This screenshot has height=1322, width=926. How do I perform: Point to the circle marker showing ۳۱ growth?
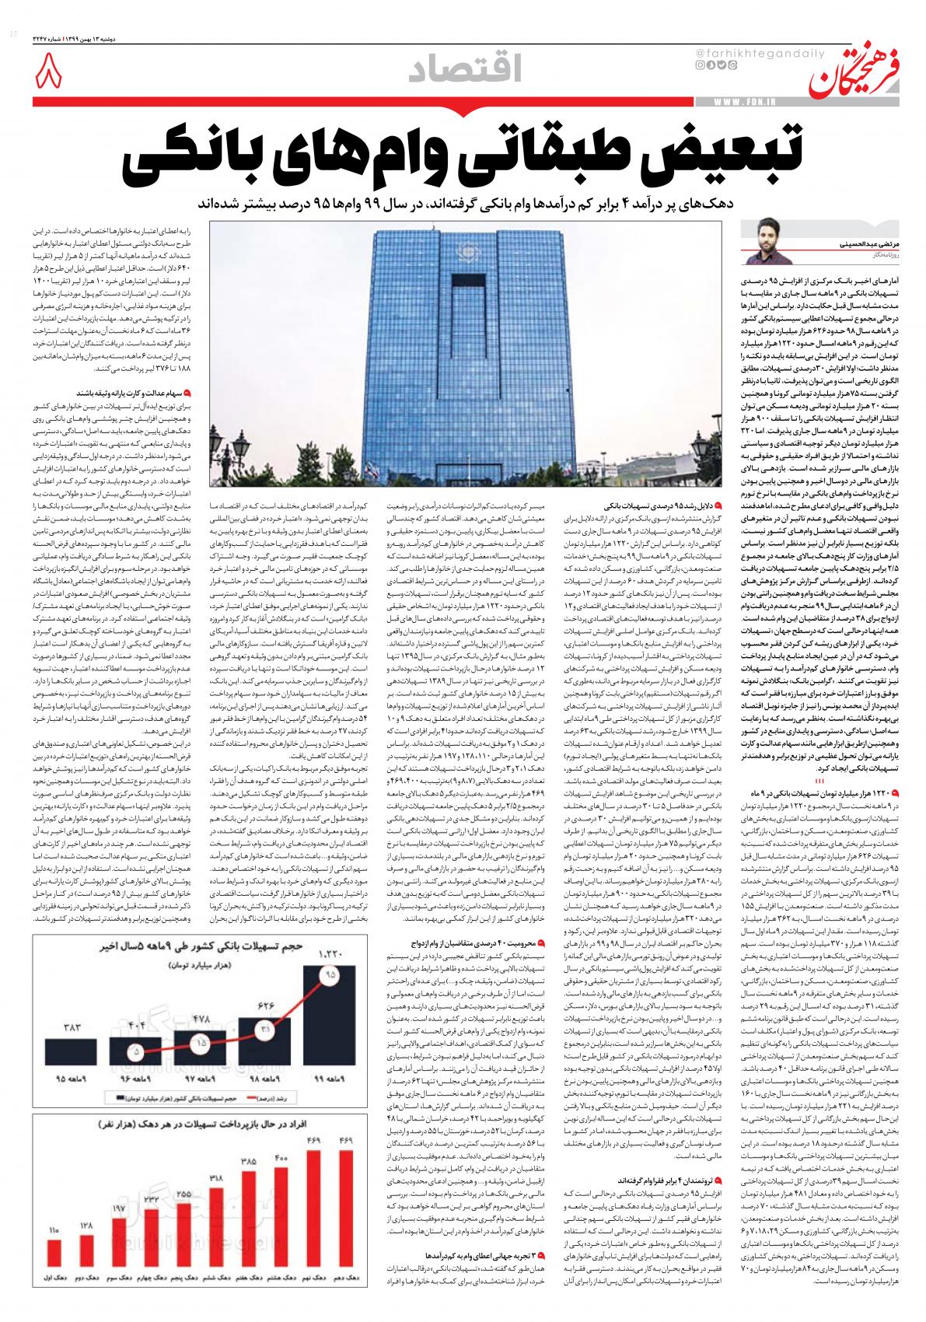click(x=264, y=1030)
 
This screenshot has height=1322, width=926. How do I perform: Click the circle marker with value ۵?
click(x=137, y=1051)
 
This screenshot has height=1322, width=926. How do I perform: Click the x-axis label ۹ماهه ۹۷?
click(x=199, y=1079)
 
